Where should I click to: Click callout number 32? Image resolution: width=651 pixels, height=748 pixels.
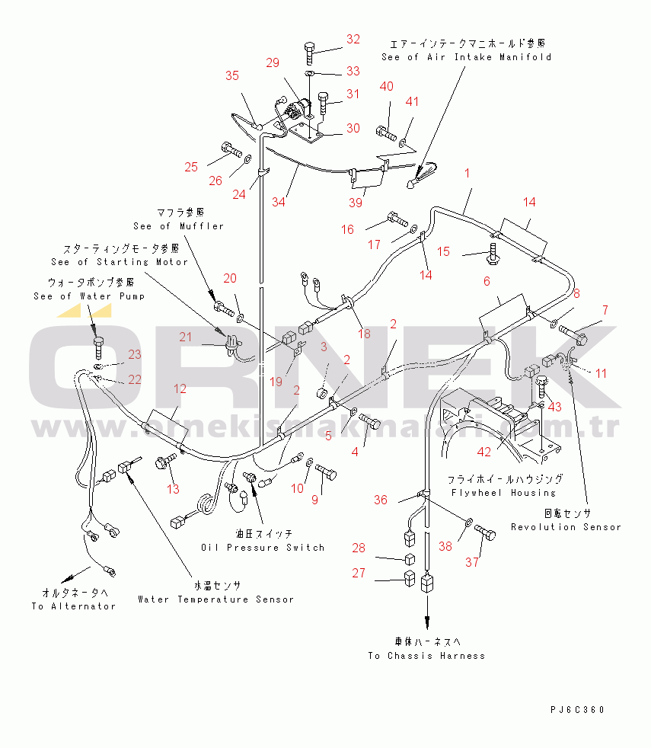(353, 39)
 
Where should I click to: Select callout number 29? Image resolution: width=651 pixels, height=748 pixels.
(273, 63)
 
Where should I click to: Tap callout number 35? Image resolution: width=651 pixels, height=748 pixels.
(231, 75)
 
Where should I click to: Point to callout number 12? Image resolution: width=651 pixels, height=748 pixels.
(180, 388)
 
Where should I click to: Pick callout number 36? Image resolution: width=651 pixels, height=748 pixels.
(380, 500)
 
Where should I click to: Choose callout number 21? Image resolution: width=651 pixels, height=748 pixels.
(186, 337)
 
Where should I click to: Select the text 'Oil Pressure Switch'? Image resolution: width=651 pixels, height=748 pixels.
(263, 548)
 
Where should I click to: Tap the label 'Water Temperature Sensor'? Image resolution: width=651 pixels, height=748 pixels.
(215, 599)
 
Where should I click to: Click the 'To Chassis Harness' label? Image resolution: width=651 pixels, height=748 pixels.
(426, 656)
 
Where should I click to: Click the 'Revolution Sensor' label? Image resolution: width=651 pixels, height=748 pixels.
(566, 527)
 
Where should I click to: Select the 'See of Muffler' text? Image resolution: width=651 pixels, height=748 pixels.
(178, 226)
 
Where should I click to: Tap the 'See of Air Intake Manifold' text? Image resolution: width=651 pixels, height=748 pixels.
(466, 57)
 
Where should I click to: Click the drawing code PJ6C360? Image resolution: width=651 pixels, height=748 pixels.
(579, 710)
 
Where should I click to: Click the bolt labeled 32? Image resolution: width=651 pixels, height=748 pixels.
(310, 52)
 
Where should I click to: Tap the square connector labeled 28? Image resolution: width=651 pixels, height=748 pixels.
(409, 559)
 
